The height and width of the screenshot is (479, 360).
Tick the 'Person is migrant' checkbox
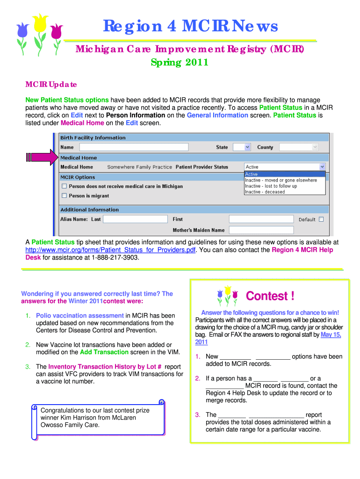point(64,196)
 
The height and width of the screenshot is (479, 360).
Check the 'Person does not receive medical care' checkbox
point(64,186)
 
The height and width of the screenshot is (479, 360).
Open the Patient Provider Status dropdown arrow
point(322,167)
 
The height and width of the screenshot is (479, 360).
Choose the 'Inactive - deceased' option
point(265,192)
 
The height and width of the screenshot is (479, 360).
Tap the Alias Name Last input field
point(135,219)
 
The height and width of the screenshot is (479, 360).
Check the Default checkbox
point(321,219)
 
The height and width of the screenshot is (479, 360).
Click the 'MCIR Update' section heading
point(50,85)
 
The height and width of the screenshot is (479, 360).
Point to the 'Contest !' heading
point(270,296)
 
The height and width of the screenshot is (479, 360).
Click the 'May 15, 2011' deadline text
point(331,334)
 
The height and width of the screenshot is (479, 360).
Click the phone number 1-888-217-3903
point(115,257)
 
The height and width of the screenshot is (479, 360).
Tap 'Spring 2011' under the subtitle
point(180,62)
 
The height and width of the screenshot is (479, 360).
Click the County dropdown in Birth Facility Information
point(298,147)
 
